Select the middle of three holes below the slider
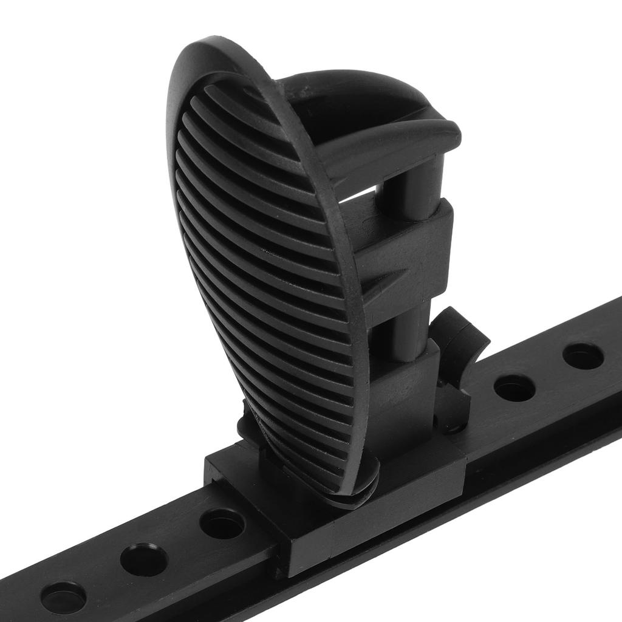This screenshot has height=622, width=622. (143, 559)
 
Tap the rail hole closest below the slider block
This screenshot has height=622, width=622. (222, 523)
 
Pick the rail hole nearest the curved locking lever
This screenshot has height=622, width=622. (513, 387)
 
